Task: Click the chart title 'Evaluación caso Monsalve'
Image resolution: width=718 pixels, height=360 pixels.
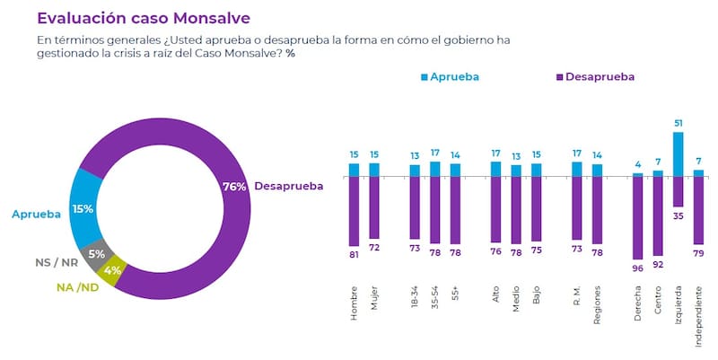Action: pyautogui.click(x=144, y=17)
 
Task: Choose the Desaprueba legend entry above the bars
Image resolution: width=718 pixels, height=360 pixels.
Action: pyautogui.click(x=592, y=77)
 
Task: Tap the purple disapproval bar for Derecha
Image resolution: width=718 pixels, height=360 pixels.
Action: pyautogui.click(x=637, y=216)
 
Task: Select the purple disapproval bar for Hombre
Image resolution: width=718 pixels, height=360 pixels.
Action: pyautogui.click(x=354, y=212)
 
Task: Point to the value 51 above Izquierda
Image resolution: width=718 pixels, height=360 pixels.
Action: pyautogui.click(x=678, y=123)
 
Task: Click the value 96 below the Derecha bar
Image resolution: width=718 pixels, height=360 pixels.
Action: pyautogui.click(x=637, y=268)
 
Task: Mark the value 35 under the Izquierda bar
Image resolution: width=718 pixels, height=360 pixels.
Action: pyautogui.click(x=678, y=216)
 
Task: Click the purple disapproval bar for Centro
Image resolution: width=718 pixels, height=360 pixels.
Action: pyautogui.click(x=658, y=215)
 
